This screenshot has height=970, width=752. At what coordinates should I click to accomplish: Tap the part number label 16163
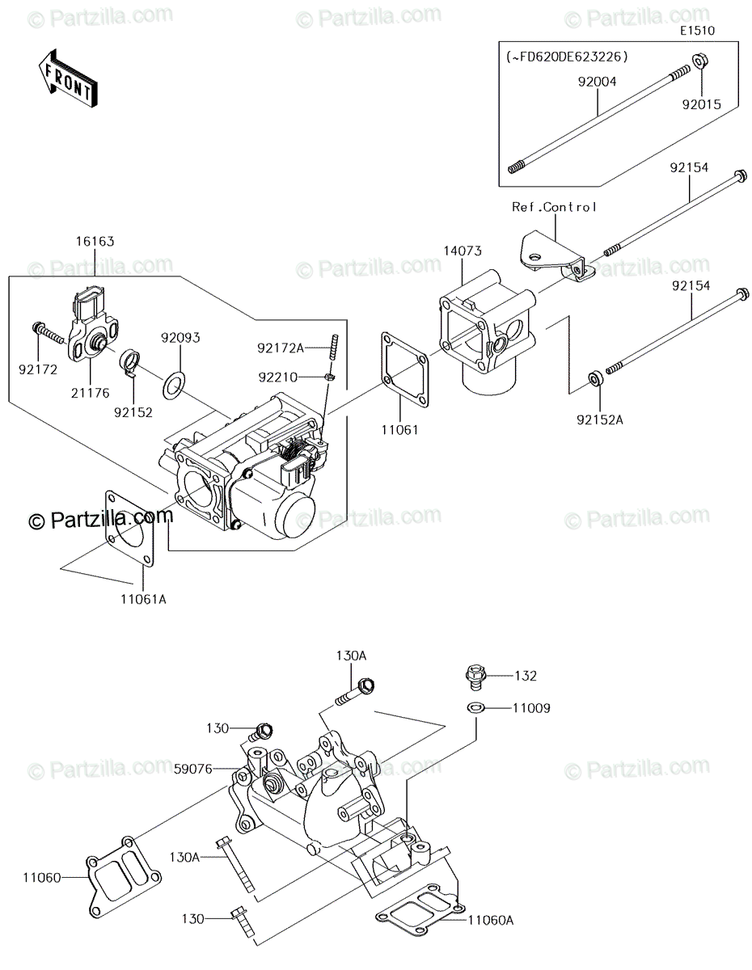click(95, 241)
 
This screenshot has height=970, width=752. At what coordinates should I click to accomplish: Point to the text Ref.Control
click(554, 207)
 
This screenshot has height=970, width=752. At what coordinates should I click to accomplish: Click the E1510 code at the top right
click(698, 30)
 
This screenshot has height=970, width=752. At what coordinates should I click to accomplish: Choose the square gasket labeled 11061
click(403, 367)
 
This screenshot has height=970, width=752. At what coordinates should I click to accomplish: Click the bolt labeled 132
click(475, 674)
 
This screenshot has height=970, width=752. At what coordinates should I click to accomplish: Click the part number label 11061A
click(143, 599)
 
